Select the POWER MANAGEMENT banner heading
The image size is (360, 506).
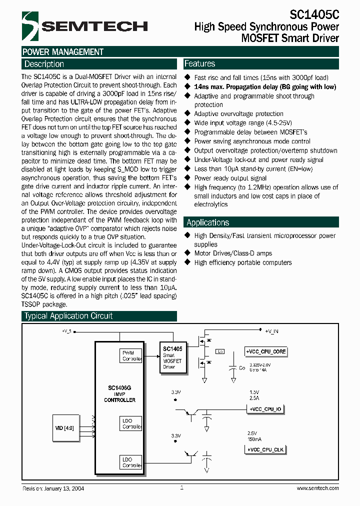tap(63, 52)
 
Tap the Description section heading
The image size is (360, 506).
tap(44, 64)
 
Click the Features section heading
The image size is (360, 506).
tap(200, 63)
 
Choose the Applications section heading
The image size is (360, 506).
tap(207, 222)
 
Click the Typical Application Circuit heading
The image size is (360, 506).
tap(68, 316)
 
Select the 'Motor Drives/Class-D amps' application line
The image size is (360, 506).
tap(233, 253)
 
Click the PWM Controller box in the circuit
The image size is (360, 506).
tap(132, 355)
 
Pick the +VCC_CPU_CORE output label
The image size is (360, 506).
tap(266, 351)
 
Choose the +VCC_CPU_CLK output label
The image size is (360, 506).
tap(265, 450)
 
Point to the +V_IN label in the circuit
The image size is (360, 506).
tap(271, 331)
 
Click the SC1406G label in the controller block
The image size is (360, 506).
tap(119, 388)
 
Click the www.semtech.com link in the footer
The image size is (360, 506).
tap(316, 488)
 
